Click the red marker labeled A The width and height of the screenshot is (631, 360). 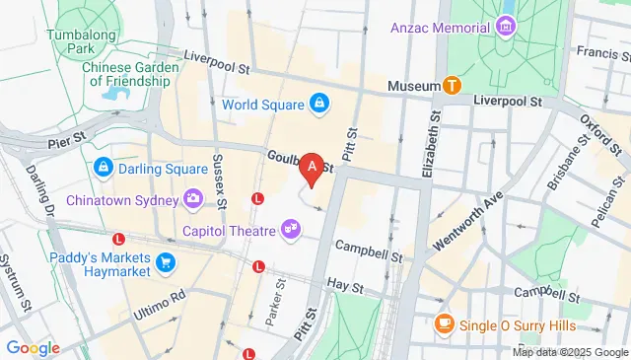point(313,170)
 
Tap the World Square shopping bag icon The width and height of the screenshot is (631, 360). point(319,103)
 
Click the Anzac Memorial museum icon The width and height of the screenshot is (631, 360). point(508,28)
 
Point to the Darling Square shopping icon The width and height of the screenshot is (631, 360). point(103,169)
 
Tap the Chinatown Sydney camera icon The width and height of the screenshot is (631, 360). point(193,200)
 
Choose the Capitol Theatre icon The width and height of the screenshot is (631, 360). point(290,230)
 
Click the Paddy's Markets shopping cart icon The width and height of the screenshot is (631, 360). point(165,262)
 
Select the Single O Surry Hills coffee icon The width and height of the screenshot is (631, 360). point(444,323)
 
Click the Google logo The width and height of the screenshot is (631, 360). point(33,348)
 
